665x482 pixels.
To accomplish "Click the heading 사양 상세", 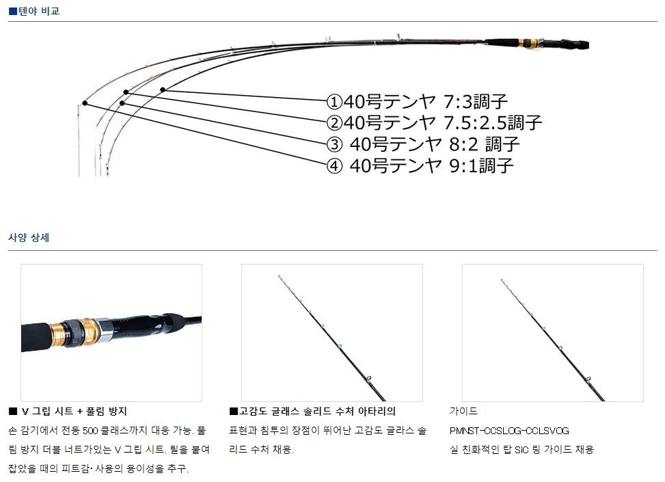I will click(29, 238).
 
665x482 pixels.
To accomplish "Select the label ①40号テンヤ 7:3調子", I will click(417, 102).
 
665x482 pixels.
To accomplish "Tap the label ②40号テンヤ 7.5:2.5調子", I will click(434, 123).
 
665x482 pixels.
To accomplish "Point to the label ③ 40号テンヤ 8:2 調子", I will click(424, 144).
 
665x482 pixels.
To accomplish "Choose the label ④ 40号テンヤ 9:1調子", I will click(420, 165).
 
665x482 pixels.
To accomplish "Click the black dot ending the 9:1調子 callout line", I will click(85, 103).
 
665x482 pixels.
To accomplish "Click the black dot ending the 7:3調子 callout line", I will click(163, 90).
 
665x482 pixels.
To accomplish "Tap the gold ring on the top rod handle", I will click(526, 43).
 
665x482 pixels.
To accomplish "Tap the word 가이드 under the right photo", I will click(463, 412).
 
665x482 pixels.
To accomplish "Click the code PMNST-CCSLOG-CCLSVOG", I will click(509, 431).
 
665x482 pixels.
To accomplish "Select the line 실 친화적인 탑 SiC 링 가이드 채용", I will click(521, 449).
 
